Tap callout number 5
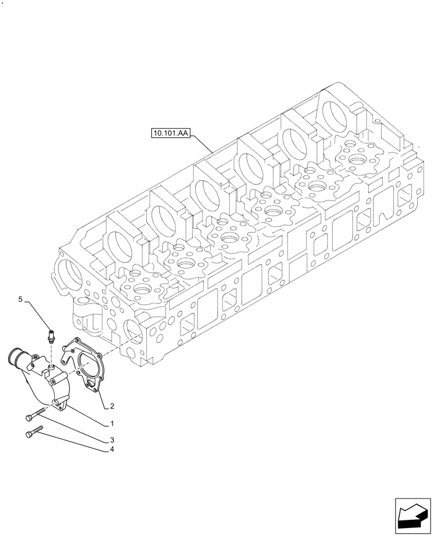coord(20,299)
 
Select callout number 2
coord(111,406)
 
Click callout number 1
coord(111,423)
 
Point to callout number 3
coord(111,440)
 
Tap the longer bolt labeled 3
coord(40,414)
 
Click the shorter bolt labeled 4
coord(36,432)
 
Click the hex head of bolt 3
coord(28,418)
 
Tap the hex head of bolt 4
coord(29,435)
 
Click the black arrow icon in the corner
coord(412,515)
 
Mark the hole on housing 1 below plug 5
coord(50,367)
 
